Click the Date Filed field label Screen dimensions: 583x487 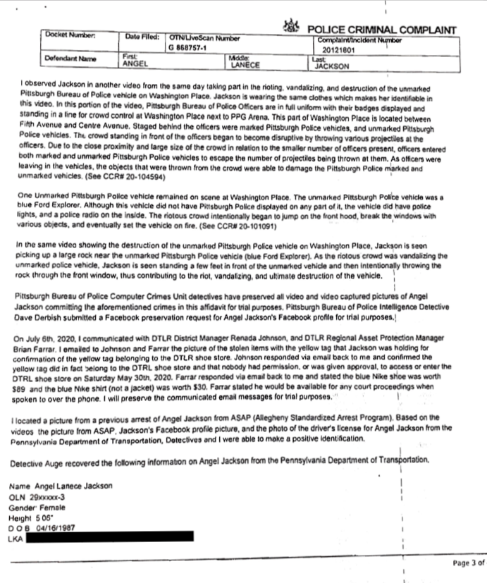[x=143, y=36]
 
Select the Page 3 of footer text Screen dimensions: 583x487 [x=467, y=564]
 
